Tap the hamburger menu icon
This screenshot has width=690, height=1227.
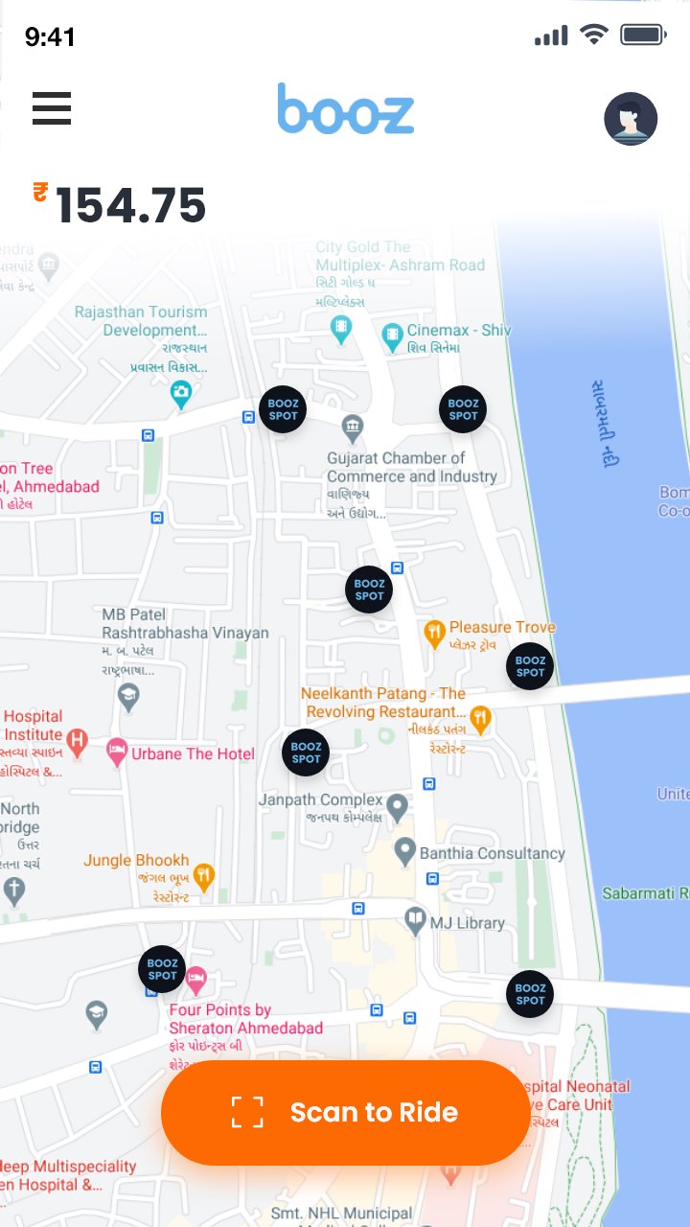52,108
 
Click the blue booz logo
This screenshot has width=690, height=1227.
346,109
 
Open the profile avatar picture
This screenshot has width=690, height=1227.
631,119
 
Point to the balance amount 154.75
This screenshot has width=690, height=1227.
131,206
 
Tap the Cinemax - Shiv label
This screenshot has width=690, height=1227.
458,331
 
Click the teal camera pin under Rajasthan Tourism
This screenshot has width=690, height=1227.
181,392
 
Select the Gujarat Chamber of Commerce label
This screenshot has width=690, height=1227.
411,467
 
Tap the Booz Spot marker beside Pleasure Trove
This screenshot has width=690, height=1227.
530,666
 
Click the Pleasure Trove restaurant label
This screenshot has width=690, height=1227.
502,628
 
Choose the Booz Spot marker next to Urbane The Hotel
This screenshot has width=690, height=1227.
306,752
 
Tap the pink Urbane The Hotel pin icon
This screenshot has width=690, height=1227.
117,752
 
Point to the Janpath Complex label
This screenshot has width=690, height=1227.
321,799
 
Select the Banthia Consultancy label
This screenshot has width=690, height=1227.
493,853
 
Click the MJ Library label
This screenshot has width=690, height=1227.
467,923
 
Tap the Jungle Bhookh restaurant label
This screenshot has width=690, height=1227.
136,861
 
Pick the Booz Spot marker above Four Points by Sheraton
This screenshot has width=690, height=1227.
162,969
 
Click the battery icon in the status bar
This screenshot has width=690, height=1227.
643,36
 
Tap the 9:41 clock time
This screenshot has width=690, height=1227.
50,37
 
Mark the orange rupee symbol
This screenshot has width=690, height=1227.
40,192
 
